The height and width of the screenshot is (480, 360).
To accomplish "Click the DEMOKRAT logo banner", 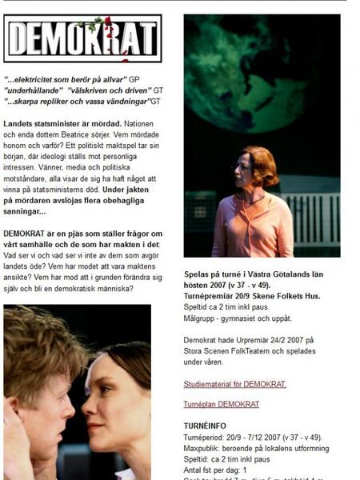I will [82, 38].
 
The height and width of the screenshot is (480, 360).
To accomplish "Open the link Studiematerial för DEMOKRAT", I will [234, 384].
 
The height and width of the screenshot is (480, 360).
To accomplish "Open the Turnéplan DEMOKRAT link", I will [222, 404].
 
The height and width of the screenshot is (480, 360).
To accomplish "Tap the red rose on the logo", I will [107, 22].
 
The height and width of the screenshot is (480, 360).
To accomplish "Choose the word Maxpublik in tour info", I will [204, 449].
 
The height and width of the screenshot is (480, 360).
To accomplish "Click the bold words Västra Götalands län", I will [287, 273].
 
